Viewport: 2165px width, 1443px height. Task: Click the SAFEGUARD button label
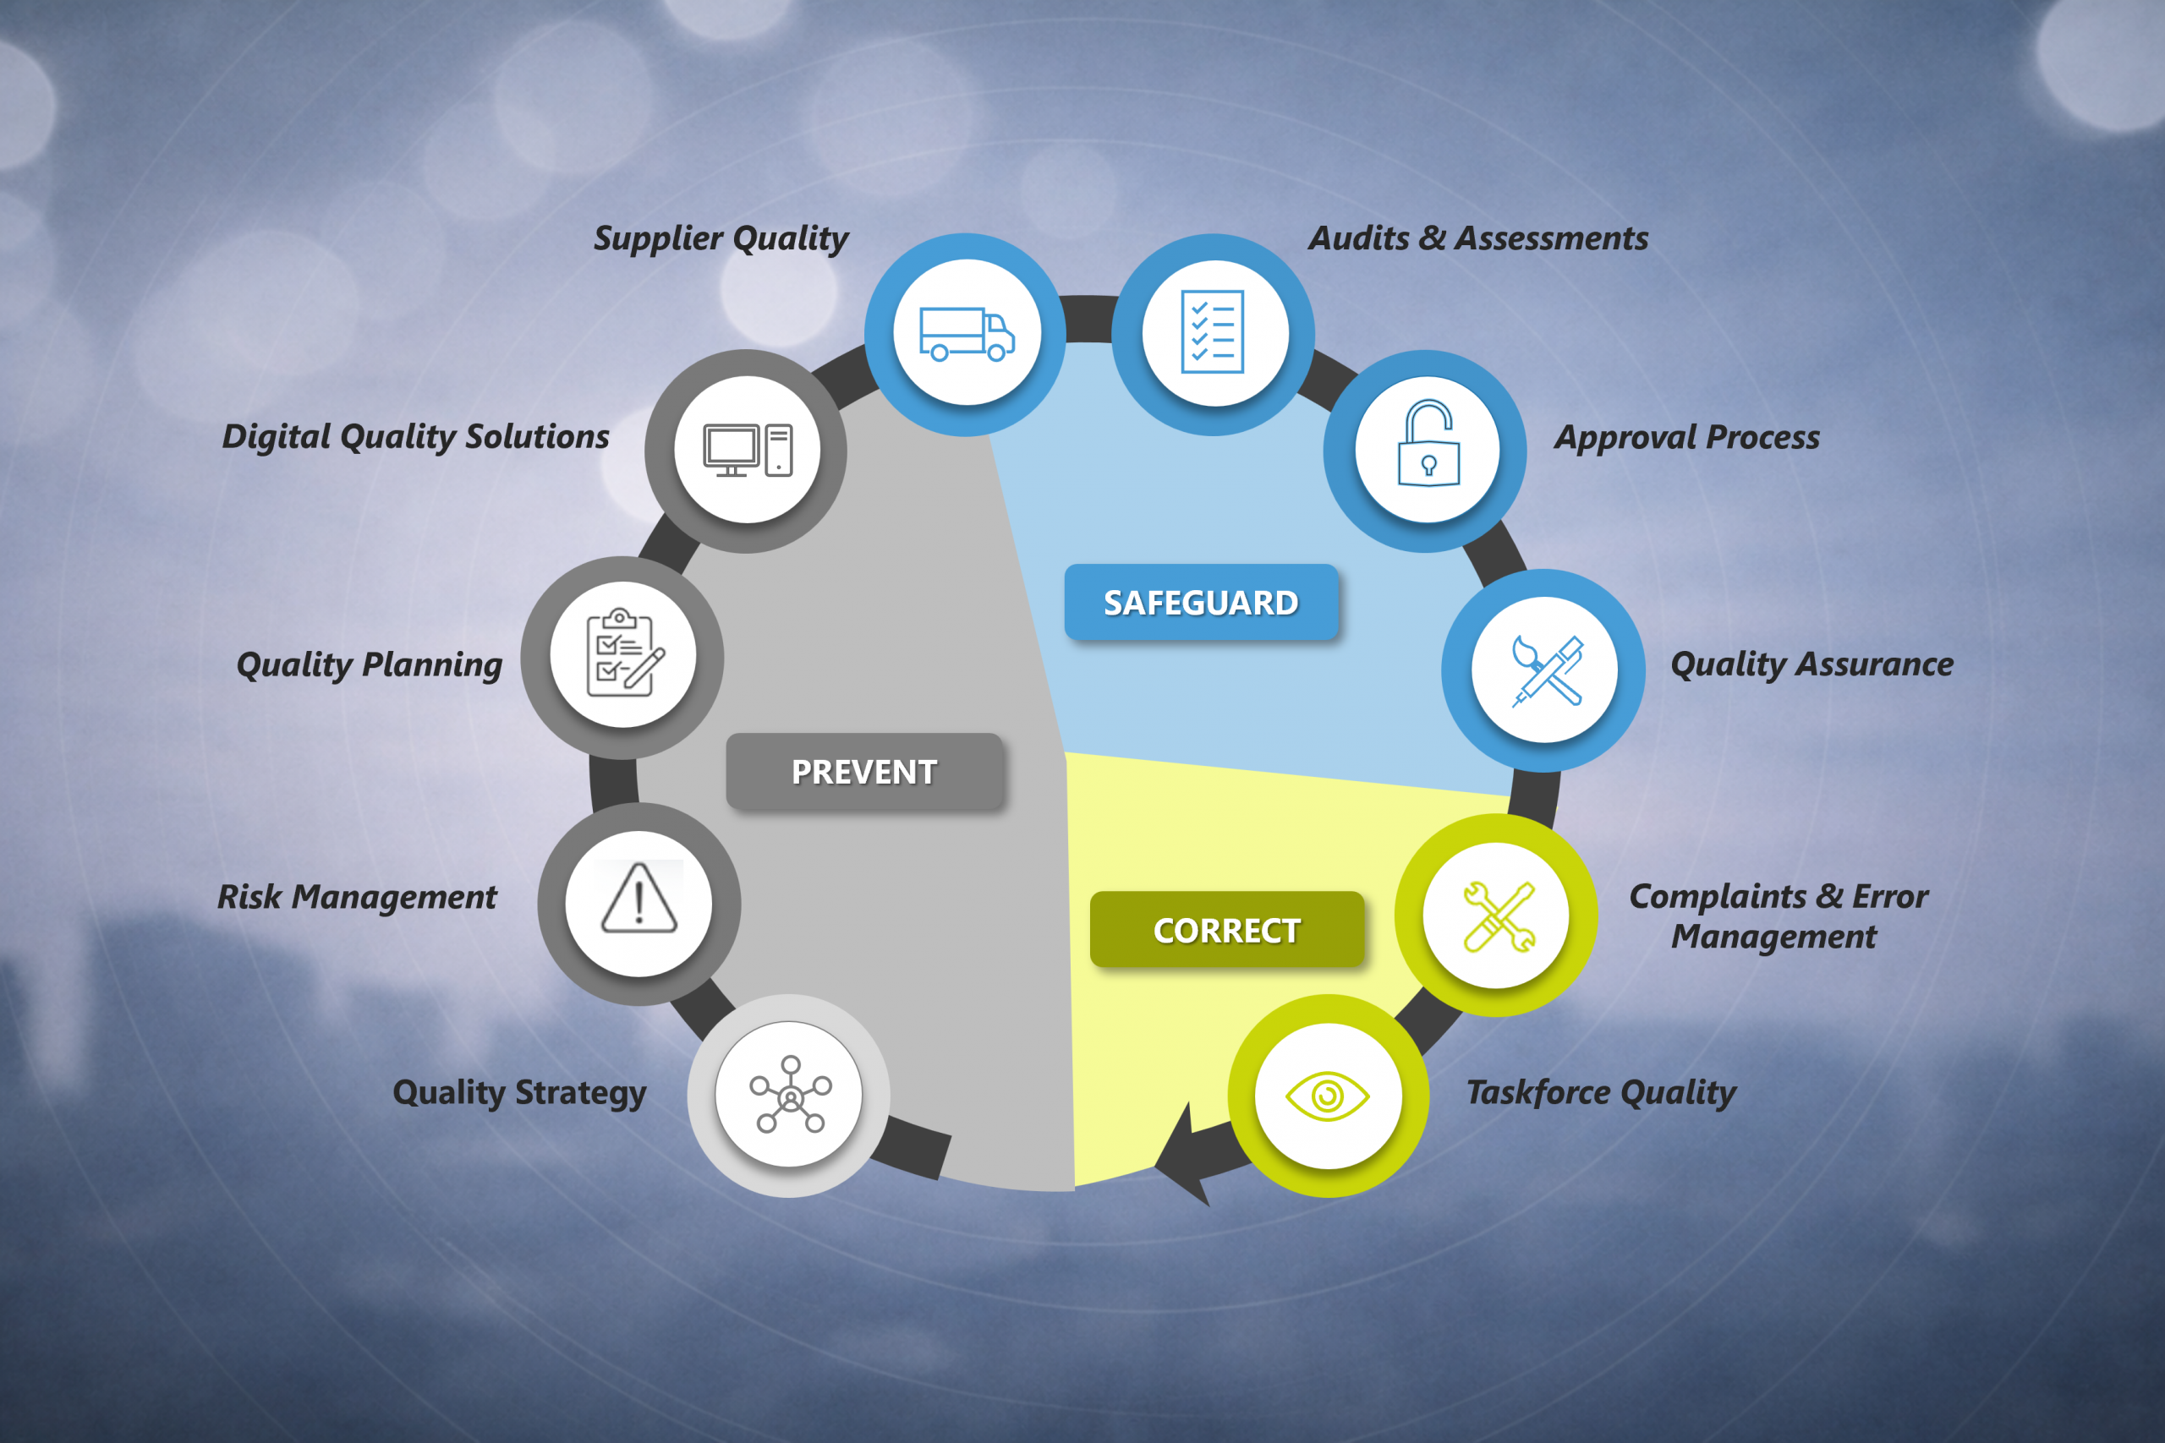(x=1201, y=603)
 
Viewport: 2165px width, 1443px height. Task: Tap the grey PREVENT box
(x=864, y=771)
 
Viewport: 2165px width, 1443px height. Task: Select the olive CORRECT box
(x=1227, y=930)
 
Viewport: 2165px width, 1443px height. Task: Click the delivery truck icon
(x=967, y=333)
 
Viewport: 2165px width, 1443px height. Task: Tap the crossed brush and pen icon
(x=1548, y=671)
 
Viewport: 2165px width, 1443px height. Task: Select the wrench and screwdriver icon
(x=1499, y=916)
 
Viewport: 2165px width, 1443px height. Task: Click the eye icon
(x=1328, y=1096)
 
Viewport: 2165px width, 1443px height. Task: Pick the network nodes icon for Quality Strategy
(x=791, y=1094)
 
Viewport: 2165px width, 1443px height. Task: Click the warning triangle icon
(x=639, y=899)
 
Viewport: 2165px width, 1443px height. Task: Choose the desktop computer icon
(x=748, y=450)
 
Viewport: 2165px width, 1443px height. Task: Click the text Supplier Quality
(x=721, y=238)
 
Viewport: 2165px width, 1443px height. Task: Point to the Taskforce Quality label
(x=1601, y=1092)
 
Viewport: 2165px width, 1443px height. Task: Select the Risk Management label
(x=357, y=897)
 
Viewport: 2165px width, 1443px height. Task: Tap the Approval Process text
(x=1687, y=437)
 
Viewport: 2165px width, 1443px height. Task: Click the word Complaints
(x=1718, y=897)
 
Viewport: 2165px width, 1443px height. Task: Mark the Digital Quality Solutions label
(x=416, y=437)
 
